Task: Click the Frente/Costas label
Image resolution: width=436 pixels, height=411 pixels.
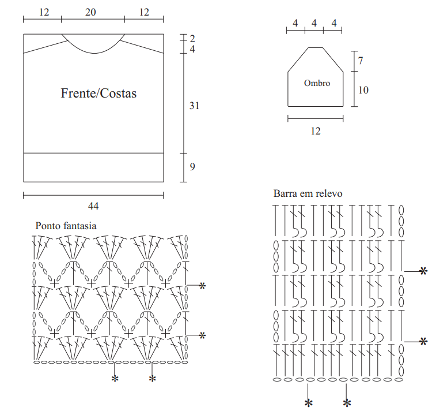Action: coord(98,94)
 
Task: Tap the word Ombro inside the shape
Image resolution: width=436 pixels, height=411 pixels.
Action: coord(317,83)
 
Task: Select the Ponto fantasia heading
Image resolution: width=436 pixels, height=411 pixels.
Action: coord(66,226)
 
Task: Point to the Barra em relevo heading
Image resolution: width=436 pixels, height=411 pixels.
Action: coord(308,193)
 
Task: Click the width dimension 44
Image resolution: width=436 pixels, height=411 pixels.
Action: coord(93,206)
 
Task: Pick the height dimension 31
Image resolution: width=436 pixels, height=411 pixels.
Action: coord(194,106)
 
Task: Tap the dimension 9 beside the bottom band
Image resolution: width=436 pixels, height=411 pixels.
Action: coord(192,167)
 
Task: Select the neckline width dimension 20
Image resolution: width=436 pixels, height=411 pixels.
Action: coord(90,12)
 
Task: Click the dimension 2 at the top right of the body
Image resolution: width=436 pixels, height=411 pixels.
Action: coord(192,39)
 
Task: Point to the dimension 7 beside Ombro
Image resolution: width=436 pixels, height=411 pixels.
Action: coord(361,61)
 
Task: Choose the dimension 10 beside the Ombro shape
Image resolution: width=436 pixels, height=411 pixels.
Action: coord(363,90)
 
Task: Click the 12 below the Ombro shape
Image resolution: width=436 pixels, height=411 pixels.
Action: coord(316,131)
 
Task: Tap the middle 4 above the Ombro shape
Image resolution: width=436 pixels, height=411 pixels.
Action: coord(314,23)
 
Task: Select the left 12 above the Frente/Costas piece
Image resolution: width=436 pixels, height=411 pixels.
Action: coord(44,12)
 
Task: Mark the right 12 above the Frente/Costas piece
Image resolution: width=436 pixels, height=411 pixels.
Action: coord(144,12)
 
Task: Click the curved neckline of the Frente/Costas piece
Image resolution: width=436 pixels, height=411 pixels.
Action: coord(94,53)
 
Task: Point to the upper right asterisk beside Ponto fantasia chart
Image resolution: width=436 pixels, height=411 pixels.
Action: coord(202,286)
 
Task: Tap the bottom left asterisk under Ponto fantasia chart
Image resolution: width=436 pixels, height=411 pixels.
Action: coord(115,379)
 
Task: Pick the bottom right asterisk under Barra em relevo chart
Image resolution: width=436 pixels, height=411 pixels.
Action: coord(347,403)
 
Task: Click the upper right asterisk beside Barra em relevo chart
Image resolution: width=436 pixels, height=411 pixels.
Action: coord(423,271)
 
